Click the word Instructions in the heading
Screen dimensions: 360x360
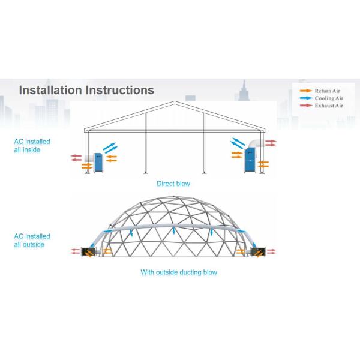point(119,90)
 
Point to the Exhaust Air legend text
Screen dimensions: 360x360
point(329,106)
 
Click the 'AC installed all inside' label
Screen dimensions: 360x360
point(32,145)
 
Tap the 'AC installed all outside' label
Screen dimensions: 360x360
point(32,240)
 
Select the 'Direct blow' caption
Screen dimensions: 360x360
point(173,184)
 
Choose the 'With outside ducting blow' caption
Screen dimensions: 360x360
point(179,272)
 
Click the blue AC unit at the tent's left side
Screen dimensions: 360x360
point(95,163)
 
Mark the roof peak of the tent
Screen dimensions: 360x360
point(174,101)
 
